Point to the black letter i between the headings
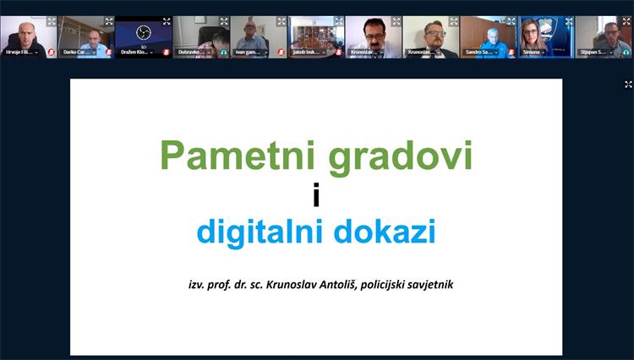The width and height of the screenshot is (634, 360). pyautogui.click(x=316, y=195)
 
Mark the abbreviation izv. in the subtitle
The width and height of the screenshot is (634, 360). pyautogui.click(x=198, y=285)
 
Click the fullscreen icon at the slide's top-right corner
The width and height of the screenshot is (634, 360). pyautogui.click(x=628, y=85)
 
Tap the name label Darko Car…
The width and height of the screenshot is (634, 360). pyautogui.click(x=78, y=52)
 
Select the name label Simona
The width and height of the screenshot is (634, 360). pyautogui.click(x=532, y=52)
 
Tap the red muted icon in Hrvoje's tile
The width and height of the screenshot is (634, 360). pyautogui.click(x=51, y=52)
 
